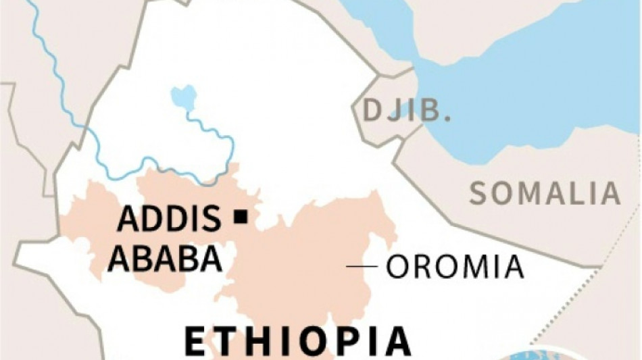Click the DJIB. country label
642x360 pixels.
point(406,110)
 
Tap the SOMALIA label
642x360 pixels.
point(545,194)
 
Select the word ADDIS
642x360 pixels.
point(169,220)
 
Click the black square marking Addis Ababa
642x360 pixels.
point(239,217)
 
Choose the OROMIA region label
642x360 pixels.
point(455,267)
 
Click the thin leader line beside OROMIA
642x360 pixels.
point(362,267)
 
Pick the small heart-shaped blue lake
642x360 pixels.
point(183,97)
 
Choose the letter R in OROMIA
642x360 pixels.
point(424,267)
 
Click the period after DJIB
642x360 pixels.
point(447,119)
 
